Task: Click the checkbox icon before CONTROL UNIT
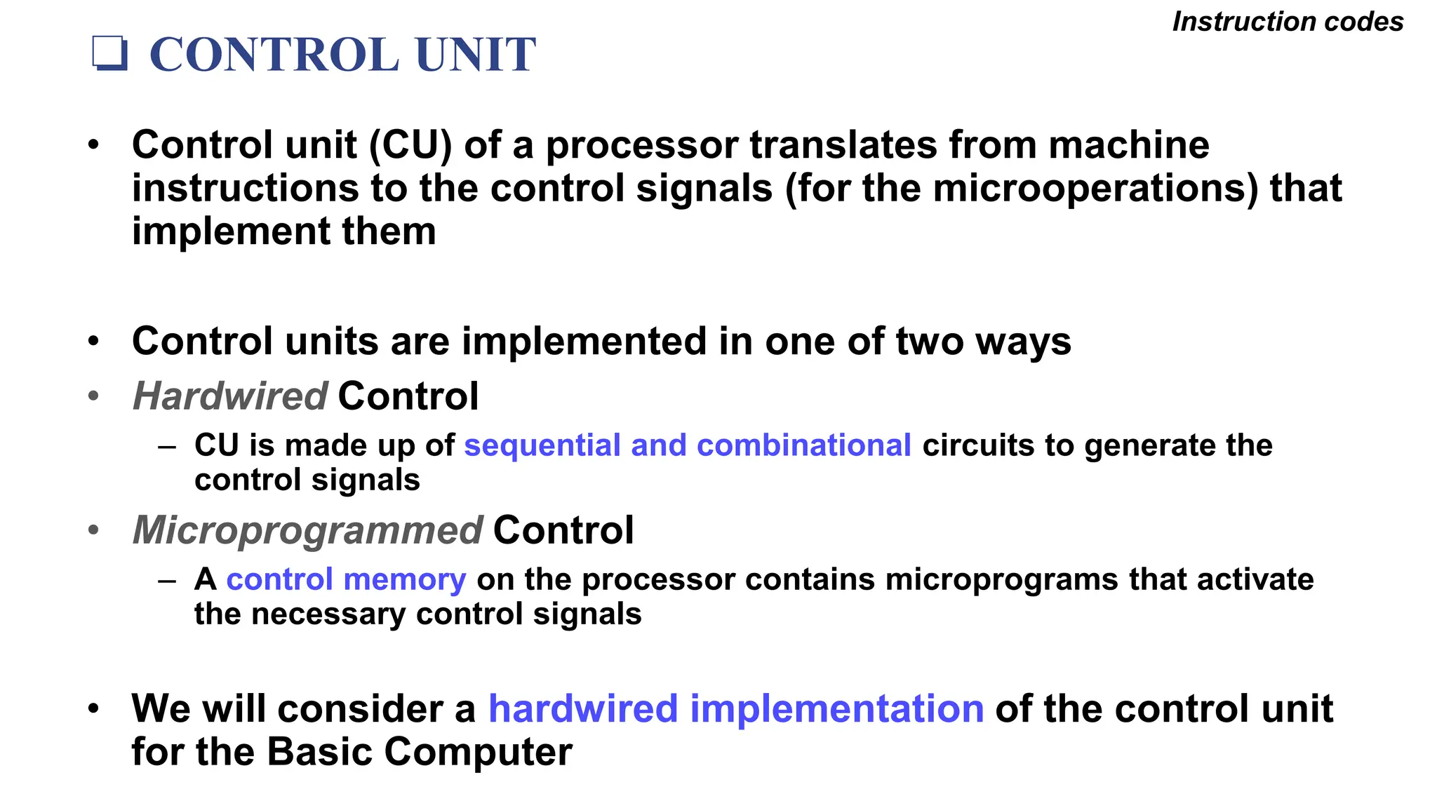(110, 54)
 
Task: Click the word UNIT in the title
(475, 55)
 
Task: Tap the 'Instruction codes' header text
(1288, 22)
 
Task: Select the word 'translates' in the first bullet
(843, 145)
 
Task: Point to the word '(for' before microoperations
(816, 189)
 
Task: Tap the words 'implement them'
(283, 231)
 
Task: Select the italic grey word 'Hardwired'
(229, 396)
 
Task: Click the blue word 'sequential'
(542, 445)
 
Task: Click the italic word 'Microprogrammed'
(307, 530)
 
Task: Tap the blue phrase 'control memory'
(346, 579)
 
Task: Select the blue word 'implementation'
(836, 708)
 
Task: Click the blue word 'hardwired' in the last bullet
(582, 708)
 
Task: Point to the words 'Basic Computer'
(419, 752)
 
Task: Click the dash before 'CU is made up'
(167, 446)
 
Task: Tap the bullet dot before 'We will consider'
(94, 708)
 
